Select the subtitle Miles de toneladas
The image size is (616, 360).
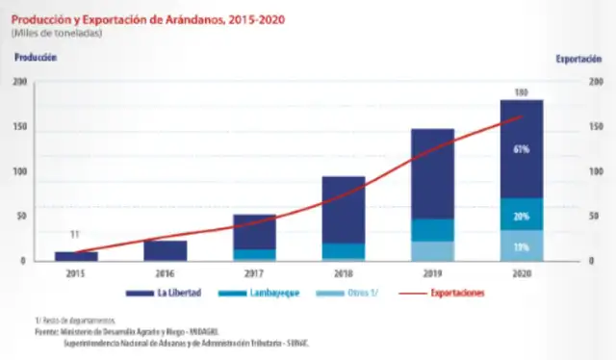tap(58, 33)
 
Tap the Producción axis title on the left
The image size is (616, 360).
tap(37, 58)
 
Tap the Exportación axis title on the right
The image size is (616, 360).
tap(580, 59)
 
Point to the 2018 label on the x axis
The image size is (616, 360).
tap(343, 272)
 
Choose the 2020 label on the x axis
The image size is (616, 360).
tap(521, 272)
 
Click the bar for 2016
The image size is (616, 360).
tap(166, 250)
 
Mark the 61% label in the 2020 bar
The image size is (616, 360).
tap(522, 149)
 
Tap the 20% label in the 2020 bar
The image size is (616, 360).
tap(522, 217)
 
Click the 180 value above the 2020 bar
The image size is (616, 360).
tap(521, 92)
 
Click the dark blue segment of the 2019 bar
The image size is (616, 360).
tap(432, 173)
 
